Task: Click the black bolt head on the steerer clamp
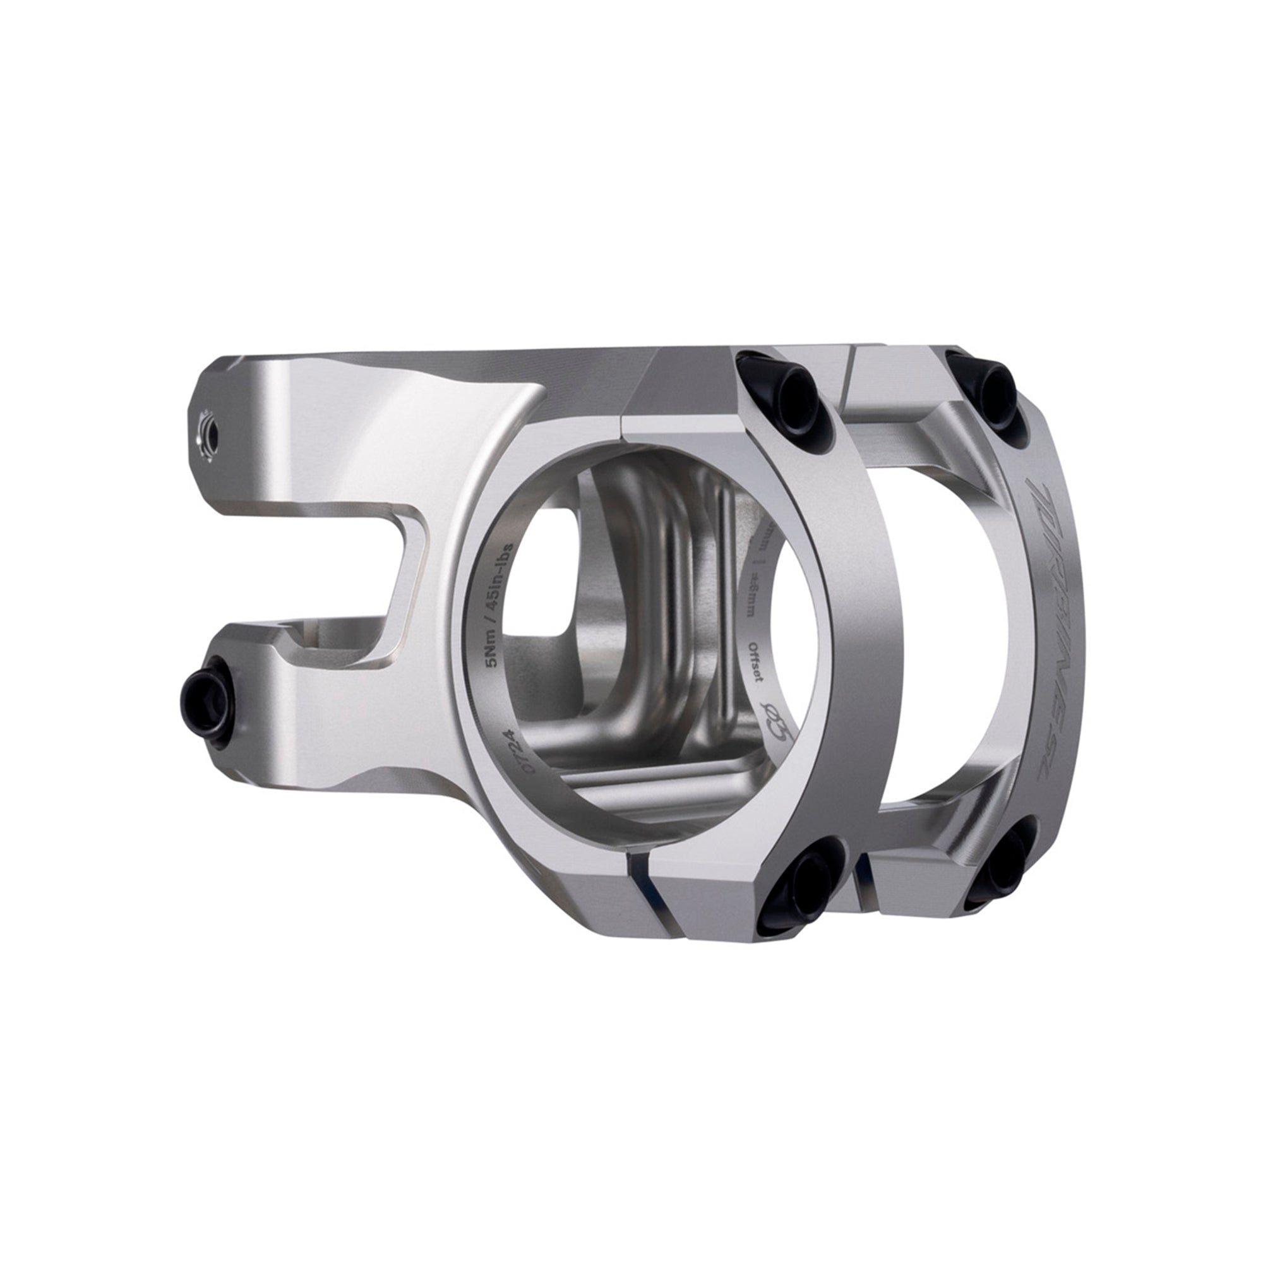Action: pos(205,691)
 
